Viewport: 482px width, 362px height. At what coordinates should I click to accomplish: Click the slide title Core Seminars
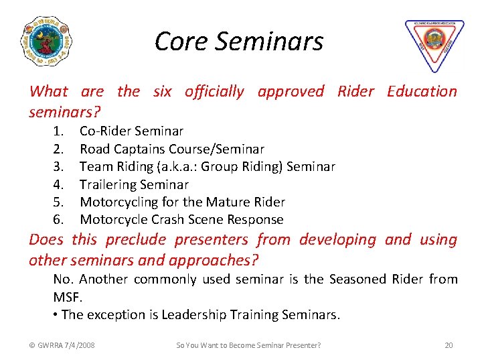[239, 42]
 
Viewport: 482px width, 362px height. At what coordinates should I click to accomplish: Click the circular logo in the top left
[46, 41]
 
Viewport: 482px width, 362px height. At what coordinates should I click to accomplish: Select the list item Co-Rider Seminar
[131, 131]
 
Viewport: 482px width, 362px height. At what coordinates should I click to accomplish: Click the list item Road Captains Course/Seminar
[172, 149]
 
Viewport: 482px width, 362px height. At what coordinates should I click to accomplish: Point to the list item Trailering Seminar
[134, 184]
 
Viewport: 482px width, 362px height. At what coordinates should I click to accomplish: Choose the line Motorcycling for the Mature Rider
[182, 202]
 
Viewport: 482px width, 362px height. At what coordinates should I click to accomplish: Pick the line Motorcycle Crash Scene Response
[181, 219]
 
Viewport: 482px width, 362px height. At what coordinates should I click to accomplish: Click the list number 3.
[58, 166]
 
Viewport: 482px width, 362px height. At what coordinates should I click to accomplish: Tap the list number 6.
[58, 219]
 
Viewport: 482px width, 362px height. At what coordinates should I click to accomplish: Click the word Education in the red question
[422, 91]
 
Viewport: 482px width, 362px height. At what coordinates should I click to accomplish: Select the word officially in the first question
[214, 91]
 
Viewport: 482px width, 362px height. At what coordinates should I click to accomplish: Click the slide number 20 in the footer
[449, 345]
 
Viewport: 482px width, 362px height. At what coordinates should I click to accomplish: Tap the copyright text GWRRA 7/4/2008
[62, 345]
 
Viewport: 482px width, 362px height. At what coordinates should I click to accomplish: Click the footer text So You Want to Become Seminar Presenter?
[248, 345]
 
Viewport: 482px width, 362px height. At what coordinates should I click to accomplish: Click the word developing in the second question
[339, 239]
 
